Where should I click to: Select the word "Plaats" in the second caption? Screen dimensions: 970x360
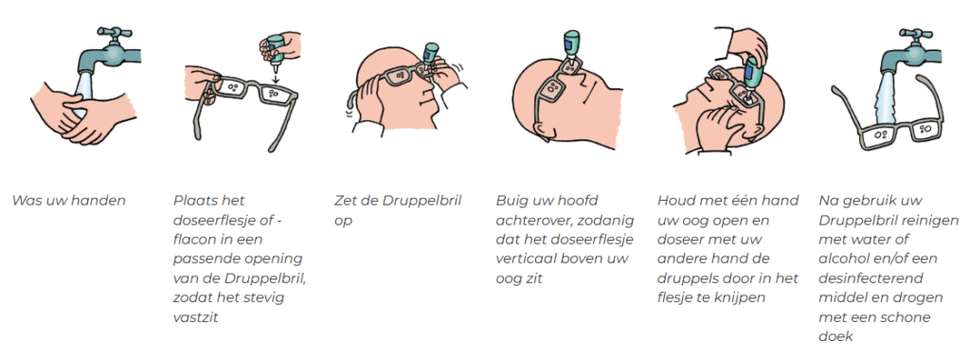(192, 201)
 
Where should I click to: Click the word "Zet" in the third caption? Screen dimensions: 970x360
(345, 201)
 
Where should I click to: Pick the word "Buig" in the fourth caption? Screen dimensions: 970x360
(511, 201)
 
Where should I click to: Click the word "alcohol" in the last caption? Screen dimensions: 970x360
(844, 259)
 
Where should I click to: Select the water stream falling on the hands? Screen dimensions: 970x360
(84, 86)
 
